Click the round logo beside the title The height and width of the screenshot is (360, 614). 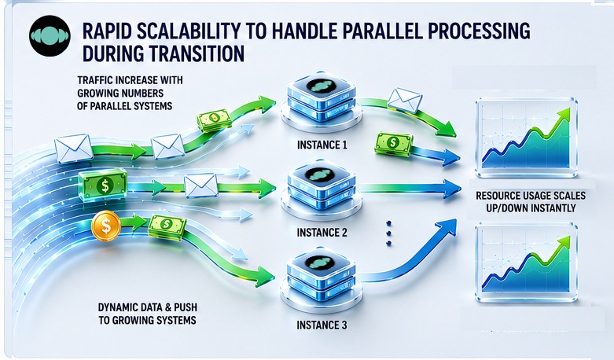(x=50, y=36)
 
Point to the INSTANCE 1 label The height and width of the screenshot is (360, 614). (x=322, y=145)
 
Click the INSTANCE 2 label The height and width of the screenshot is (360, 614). (x=322, y=233)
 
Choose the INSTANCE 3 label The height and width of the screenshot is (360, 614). (x=322, y=325)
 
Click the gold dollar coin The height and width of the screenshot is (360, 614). (x=106, y=226)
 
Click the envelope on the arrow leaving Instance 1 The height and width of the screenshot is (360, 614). (x=405, y=100)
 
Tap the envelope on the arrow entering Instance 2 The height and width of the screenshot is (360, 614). (x=201, y=186)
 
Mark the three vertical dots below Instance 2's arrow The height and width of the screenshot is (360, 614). (x=389, y=233)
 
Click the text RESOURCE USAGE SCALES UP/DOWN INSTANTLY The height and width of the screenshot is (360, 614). (x=531, y=201)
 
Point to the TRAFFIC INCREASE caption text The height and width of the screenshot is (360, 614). (x=130, y=93)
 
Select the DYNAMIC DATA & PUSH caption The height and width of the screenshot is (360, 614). (x=148, y=314)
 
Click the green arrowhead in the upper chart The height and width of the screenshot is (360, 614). (x=563, y=114)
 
